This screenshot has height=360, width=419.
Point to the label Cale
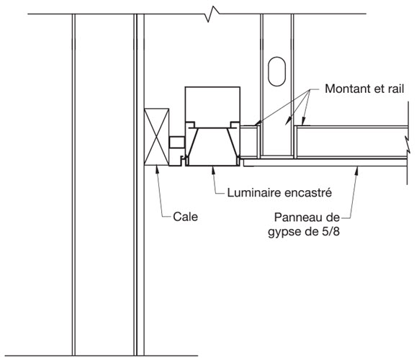(x=185, y=217)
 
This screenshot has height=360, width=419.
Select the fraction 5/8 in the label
(x=330, y=231)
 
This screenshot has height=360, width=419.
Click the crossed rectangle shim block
(x=157, y=137)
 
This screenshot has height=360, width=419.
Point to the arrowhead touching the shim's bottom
(x=157, y=170)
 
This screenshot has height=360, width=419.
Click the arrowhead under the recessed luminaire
(x=213, y=171)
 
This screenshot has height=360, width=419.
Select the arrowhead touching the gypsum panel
(x=356, y=171)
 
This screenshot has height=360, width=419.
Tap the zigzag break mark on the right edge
(x=407, y=144)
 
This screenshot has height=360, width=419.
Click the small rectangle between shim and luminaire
(x=177, y=142)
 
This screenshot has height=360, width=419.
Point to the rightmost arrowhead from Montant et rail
(x=304, y=122)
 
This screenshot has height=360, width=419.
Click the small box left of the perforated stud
(x=249, y=142)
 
